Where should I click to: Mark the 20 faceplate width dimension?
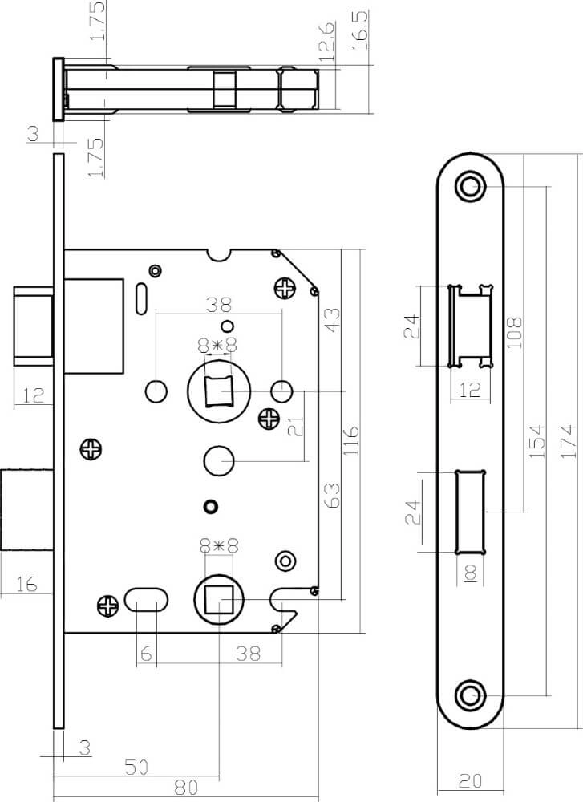(471, 780)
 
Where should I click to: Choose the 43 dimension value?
(330, 321)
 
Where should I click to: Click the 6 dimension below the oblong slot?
(145, 654)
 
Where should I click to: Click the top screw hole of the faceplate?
(470, 187)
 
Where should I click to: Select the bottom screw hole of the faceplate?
(470, 695)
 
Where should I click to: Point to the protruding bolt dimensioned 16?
(27, 509)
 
